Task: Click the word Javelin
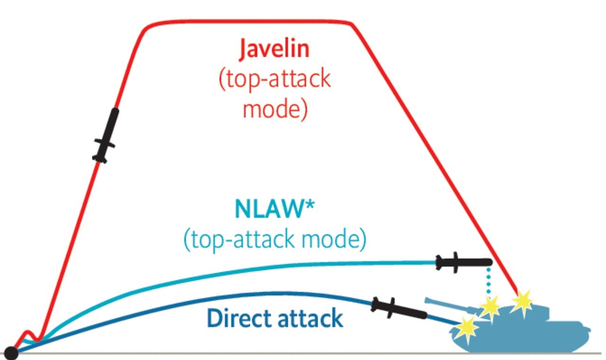click(x=274, y=50)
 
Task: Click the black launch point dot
click(x=11, y=353)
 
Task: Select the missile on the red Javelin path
click(x=106, y=135)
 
